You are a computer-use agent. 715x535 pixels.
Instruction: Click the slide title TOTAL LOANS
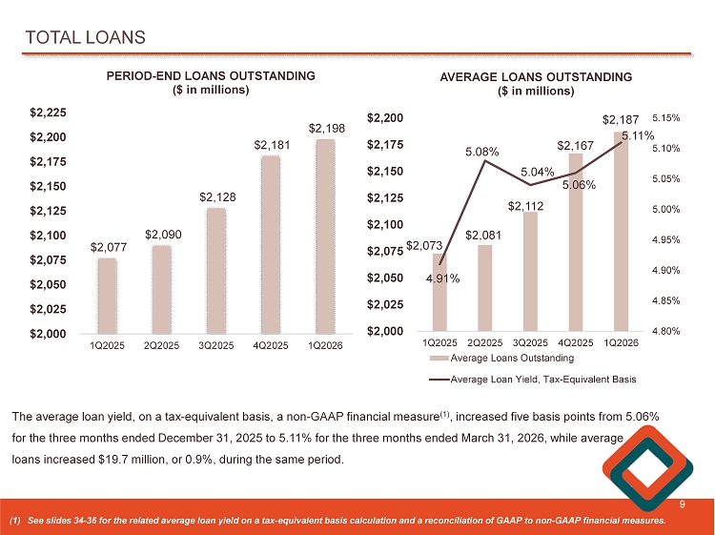pyautogui.click(x=85, y=37)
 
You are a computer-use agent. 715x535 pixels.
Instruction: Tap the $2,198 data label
pyautogui.click(x=324, y=127)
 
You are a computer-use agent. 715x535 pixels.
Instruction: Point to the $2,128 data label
pyautogui.click(x=215, y=195)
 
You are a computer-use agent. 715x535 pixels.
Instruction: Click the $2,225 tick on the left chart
pyautogui.click(x=47, y=113)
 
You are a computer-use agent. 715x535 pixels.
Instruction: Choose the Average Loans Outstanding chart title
pyautogui.click(x=535, y=76)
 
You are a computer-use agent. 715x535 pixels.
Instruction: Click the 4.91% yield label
pyautogui.click(x=443, y=279)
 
